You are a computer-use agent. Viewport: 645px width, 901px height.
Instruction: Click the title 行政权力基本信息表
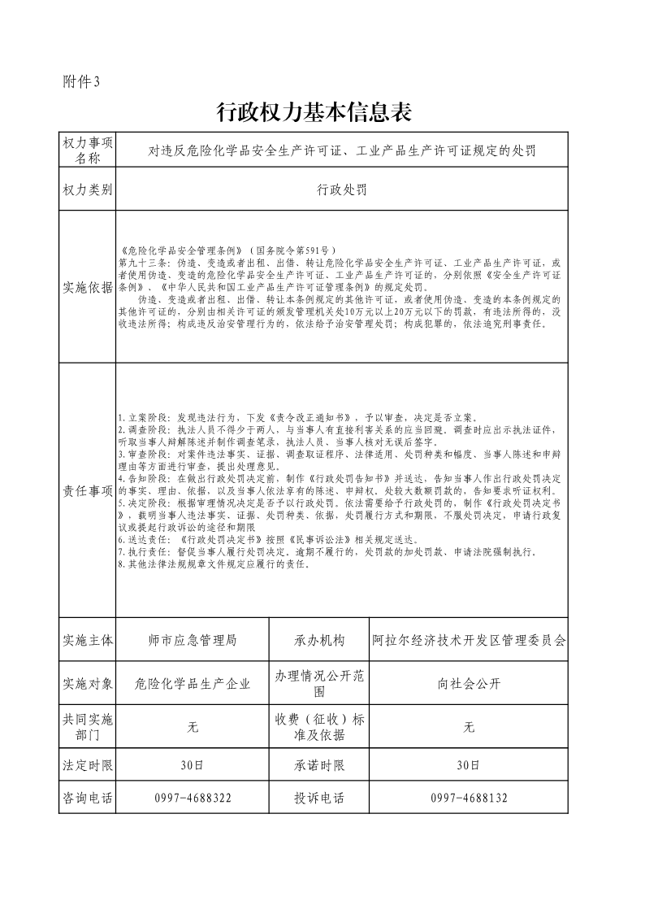pos(314,113)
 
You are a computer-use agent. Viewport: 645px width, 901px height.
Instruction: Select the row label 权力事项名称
pos(87,150)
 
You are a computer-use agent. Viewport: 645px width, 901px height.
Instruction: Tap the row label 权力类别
pos(87,189)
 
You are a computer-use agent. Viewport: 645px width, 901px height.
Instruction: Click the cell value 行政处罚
pos(341,189)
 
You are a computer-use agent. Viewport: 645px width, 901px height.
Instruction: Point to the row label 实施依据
pos(87,287)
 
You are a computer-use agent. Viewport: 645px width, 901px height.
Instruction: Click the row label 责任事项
pos(87,490)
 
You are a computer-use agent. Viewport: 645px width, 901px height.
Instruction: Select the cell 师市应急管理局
pos(193,640)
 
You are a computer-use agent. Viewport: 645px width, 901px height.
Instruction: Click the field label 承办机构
pos(319,640)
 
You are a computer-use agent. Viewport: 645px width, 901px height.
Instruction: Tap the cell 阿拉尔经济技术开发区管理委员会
pos(469,640)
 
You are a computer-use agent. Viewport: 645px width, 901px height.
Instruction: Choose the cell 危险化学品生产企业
pos(193,683)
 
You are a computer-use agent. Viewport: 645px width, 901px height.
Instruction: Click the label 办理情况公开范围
pos(319,683)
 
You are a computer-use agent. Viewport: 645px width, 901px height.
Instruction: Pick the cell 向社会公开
pos(469,683)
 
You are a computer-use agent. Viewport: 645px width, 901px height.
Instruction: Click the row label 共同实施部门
pos(87,727)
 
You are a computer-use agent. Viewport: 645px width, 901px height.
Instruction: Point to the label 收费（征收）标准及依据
pos(319,727)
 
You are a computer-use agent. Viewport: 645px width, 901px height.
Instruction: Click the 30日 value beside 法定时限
pos(193,765)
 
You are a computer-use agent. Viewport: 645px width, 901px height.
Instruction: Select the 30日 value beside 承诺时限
pos(469,765)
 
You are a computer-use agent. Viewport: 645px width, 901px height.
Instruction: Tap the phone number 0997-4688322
pos(193,798)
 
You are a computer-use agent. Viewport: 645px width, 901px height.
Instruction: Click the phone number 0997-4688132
pos(469,798)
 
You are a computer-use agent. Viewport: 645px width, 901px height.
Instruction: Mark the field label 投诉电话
pos(319,798)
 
